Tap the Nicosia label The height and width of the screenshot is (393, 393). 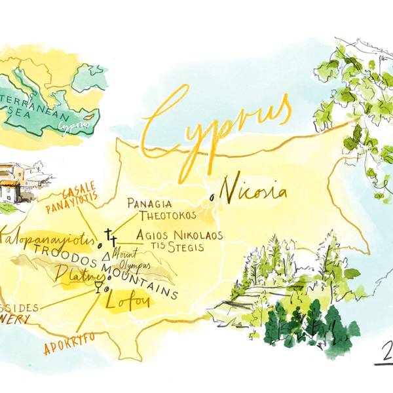[253, 191]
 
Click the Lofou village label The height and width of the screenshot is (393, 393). [128, 302]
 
